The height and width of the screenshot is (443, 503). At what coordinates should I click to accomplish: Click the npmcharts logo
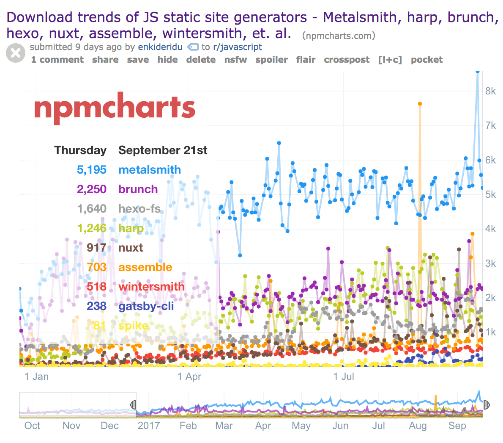tap(115, 108)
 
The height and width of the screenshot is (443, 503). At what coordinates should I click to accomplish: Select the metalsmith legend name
tap(150, 170)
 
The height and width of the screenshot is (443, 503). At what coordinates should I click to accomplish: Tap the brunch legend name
tap(138, 189)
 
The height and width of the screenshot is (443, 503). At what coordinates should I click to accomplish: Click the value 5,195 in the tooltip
tap(92, 170)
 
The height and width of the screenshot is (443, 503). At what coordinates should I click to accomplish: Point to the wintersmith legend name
tap(151, 287)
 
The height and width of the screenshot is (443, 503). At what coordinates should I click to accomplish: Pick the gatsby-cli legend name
tap(146, 306)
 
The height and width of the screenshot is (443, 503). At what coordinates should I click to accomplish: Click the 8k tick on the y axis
tap(491, 91)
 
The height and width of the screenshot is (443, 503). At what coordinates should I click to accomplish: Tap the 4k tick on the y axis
tap(491, 229)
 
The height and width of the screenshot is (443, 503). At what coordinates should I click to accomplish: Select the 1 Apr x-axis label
tap(189, 377)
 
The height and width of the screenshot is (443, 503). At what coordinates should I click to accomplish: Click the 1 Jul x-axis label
tap(344, 377)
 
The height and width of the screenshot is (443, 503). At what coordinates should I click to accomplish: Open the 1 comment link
tap(57, 60)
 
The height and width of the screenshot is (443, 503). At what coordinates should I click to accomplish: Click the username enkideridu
tap(160, 47)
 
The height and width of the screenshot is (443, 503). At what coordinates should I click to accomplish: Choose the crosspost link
tap(347, 60)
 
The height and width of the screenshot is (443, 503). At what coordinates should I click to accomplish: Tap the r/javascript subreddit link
tap(238, 47)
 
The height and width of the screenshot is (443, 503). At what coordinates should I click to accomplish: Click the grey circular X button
tap(16, 53)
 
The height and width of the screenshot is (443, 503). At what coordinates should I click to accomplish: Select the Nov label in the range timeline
tap(71, 426)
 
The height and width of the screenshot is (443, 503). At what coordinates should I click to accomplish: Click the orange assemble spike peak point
tap(420, 104)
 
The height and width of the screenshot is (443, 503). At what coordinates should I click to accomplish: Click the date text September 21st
tap(163, 150)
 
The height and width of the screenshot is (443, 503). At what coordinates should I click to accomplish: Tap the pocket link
tap(426, 60)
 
